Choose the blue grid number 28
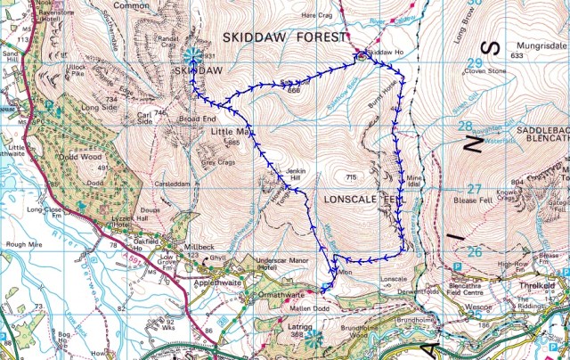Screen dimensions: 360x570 [x=465, y=127]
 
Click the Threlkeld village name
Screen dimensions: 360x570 [x=536, y=287]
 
